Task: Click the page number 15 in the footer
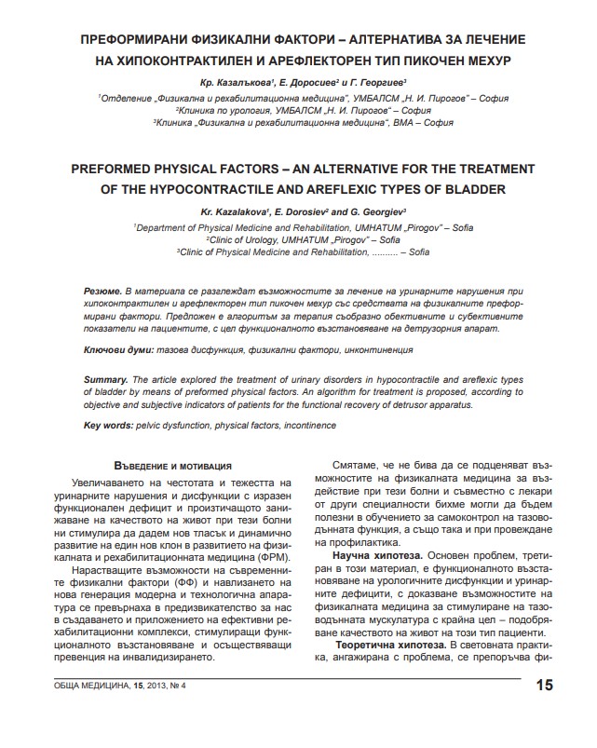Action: [544, 687]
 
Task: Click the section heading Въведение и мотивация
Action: [165, 464]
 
